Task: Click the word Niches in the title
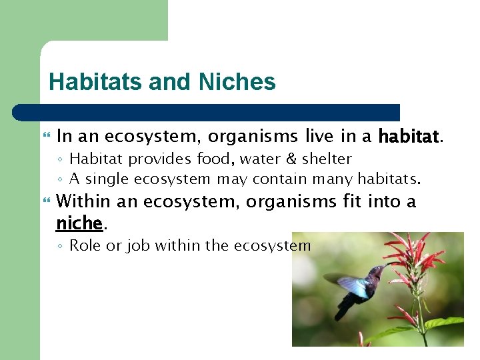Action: point(237,82)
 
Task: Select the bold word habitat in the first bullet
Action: point(409,137)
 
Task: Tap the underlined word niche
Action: point(79,222)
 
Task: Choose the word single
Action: point(108,179)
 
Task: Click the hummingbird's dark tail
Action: point(343,310)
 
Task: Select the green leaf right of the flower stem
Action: point(443,323)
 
